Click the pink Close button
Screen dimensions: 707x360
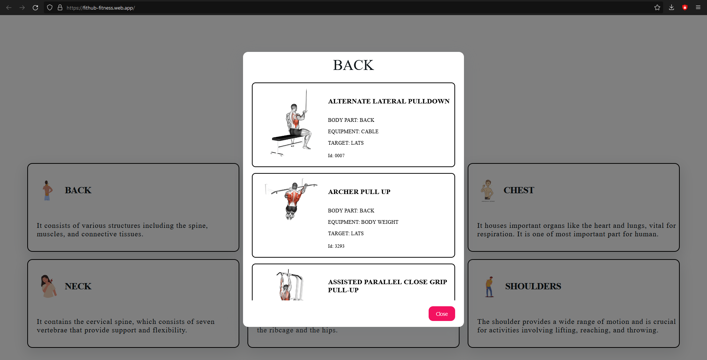442,314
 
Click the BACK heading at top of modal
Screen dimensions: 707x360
353,65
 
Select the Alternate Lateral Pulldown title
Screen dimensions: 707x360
389,101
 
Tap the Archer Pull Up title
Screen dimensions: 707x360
359,192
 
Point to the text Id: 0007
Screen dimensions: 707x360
336,156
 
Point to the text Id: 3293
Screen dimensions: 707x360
336,246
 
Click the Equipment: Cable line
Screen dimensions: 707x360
353,131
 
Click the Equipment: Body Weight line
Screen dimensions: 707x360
363,222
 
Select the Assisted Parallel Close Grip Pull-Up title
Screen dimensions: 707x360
387,286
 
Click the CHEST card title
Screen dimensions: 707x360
518,190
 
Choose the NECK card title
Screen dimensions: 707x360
78,286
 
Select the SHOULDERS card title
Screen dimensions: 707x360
533,286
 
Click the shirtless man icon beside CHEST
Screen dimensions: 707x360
488,190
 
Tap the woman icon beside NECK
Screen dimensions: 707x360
49,286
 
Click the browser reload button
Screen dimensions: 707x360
35,7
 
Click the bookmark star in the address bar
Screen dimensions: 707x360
657,7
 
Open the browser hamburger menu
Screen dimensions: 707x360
698,7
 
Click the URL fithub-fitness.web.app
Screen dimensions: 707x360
101,8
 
